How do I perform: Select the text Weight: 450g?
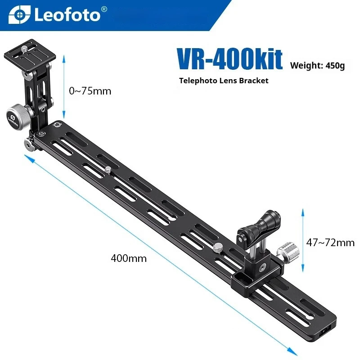coord(317,66)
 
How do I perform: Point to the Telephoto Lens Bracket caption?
coord(224,81)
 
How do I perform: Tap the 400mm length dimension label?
coord(129,259)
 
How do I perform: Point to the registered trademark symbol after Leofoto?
coord(104,9)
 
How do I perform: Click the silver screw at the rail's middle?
coord(107,170)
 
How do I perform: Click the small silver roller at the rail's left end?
coord(29,145)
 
